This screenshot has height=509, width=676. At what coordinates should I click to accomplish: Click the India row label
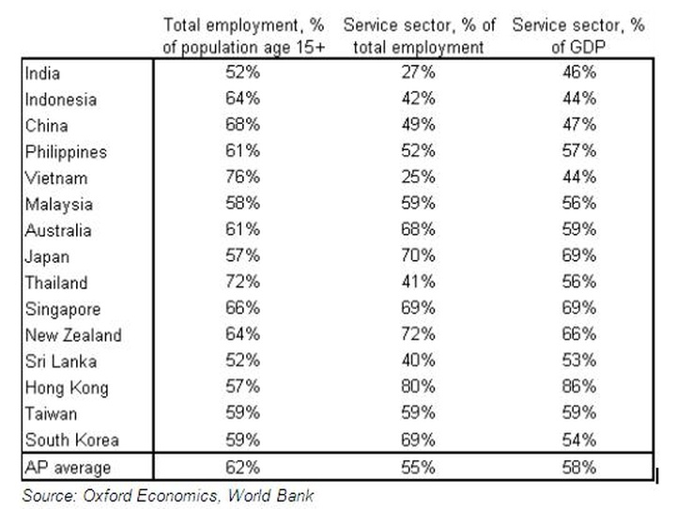(43, 72)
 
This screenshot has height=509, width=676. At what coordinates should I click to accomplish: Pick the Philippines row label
(66, 151)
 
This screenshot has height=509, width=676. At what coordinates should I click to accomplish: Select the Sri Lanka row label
(61, 361)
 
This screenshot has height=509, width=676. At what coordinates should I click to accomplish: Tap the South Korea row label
(71, 440)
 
